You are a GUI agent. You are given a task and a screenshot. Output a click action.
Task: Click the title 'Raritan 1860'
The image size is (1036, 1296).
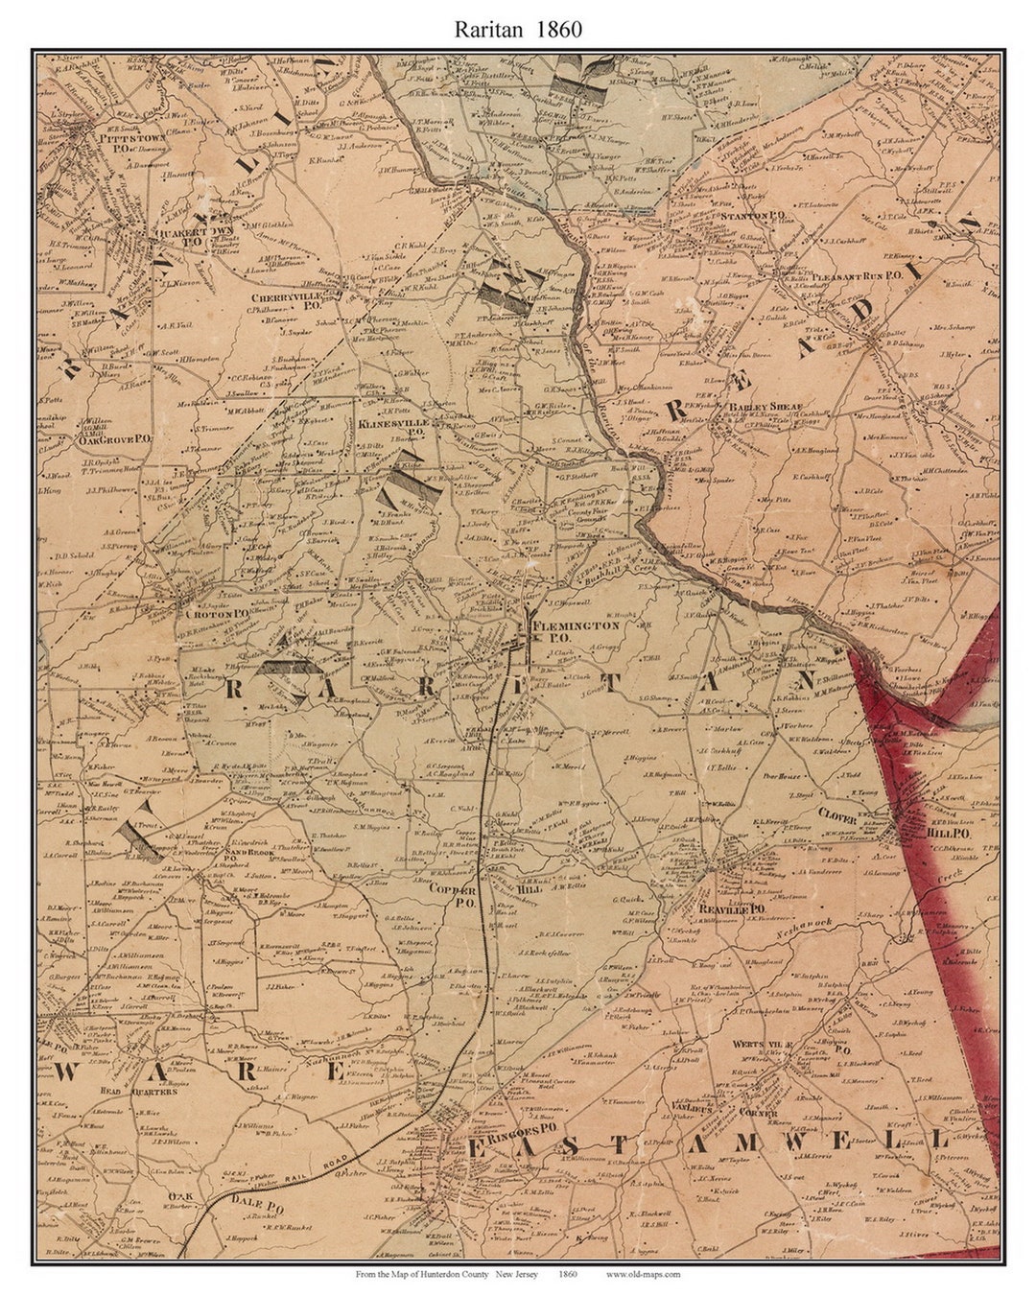coord(517,29)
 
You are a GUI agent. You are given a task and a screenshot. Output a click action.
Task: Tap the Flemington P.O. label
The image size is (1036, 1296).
coord(577,630)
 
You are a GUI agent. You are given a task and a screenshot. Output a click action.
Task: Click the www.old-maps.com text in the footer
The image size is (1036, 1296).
coord(643,1274)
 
